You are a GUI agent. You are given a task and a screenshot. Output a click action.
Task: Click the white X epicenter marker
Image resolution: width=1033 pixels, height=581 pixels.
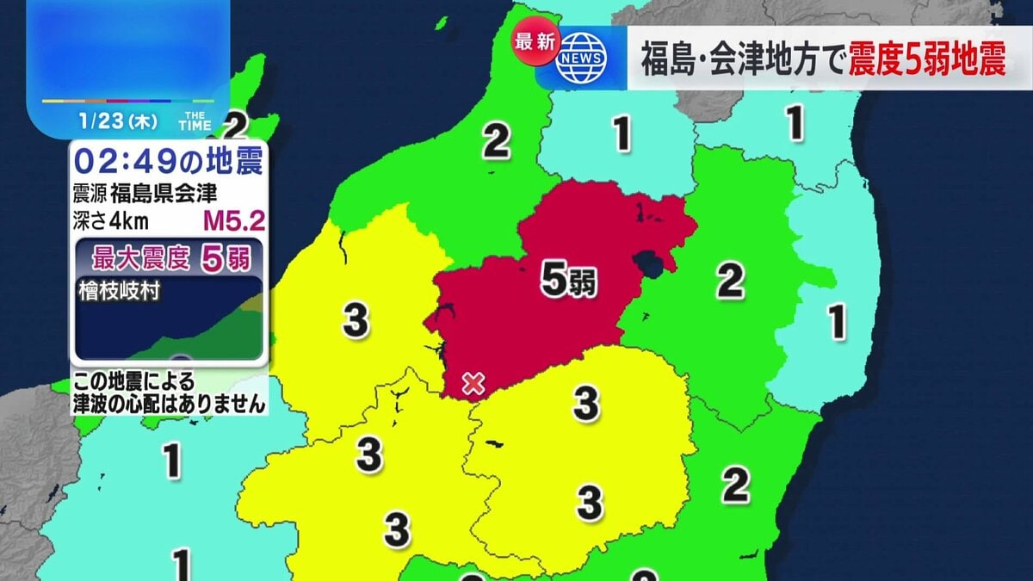tap(472, 383)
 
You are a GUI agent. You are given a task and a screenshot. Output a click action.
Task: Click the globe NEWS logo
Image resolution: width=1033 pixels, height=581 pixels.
tap(582, 58)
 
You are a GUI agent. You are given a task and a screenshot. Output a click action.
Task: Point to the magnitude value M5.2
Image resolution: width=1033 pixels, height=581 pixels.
tap(233, 221)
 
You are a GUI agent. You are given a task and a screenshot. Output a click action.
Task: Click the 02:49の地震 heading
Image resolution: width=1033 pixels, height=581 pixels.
tap(168, 161)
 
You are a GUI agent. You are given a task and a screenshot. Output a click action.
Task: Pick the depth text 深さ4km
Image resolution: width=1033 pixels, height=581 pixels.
tap(111, 221)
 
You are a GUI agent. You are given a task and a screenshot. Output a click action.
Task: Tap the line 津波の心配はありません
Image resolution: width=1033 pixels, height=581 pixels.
tap(168, 405)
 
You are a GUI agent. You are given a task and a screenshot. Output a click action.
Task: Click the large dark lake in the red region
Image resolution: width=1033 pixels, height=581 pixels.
tap(647, 263)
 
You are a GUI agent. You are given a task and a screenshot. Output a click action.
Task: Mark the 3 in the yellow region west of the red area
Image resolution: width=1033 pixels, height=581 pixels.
tap(356, 321)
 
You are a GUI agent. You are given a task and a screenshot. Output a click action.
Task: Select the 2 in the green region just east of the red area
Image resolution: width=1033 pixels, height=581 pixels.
tap(730, 281)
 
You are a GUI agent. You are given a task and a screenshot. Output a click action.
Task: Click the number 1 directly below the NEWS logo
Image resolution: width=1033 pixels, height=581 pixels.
tap(622, 133)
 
